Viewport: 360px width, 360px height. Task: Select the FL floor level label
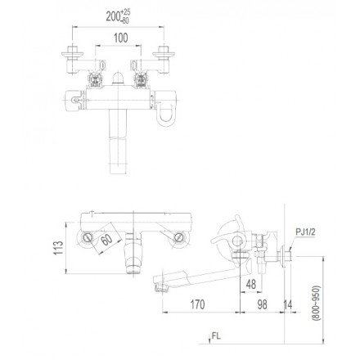click(x=215, y=335)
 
